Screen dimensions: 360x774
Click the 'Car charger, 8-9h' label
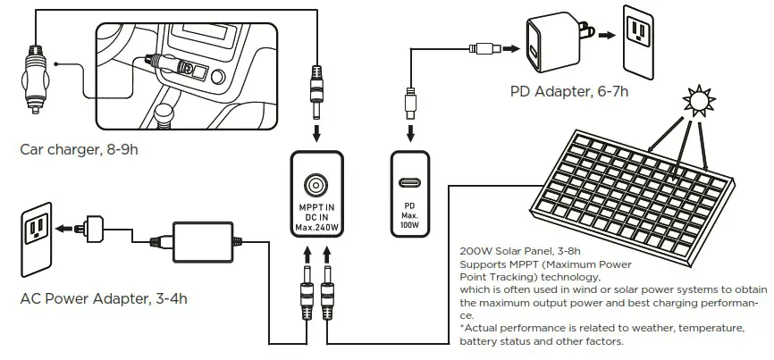point(79,149)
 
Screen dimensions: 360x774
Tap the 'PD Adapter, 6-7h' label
point(569,90)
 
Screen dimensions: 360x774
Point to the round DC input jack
point(316,185)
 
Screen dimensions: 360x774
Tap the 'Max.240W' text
point(317,229)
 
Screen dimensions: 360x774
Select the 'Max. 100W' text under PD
point(410,221)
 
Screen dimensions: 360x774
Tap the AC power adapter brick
point(203,239)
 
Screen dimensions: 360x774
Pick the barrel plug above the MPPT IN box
point(316,94)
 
